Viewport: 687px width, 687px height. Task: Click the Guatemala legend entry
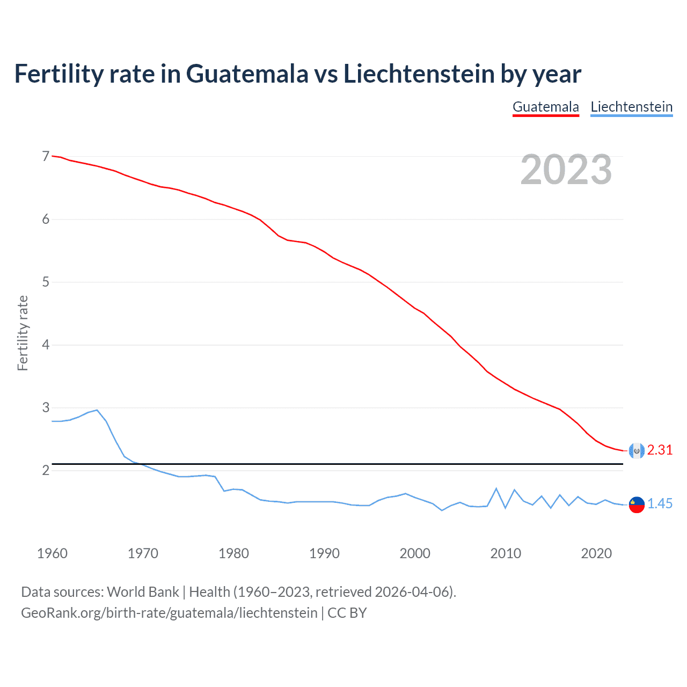545,107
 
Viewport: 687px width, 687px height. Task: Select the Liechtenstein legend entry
631,107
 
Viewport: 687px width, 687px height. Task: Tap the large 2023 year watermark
566,170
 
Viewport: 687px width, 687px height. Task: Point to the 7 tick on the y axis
46,156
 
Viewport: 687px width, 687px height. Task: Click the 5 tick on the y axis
46,282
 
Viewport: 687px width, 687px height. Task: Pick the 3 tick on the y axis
46,407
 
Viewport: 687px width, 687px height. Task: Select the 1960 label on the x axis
52,553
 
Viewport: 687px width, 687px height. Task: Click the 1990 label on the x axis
324,553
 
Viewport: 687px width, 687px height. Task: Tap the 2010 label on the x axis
506,553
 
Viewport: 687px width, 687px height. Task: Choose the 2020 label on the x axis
596,553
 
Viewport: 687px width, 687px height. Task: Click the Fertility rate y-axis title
23,333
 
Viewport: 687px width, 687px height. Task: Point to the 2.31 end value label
660,450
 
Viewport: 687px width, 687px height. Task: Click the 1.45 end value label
660,504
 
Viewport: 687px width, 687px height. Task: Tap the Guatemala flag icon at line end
637,451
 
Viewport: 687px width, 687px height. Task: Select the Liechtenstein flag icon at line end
637,505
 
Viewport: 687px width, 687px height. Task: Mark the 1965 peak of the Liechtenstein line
97,410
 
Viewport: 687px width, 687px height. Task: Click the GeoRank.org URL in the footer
169,613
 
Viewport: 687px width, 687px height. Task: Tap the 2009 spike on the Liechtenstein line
496,488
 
